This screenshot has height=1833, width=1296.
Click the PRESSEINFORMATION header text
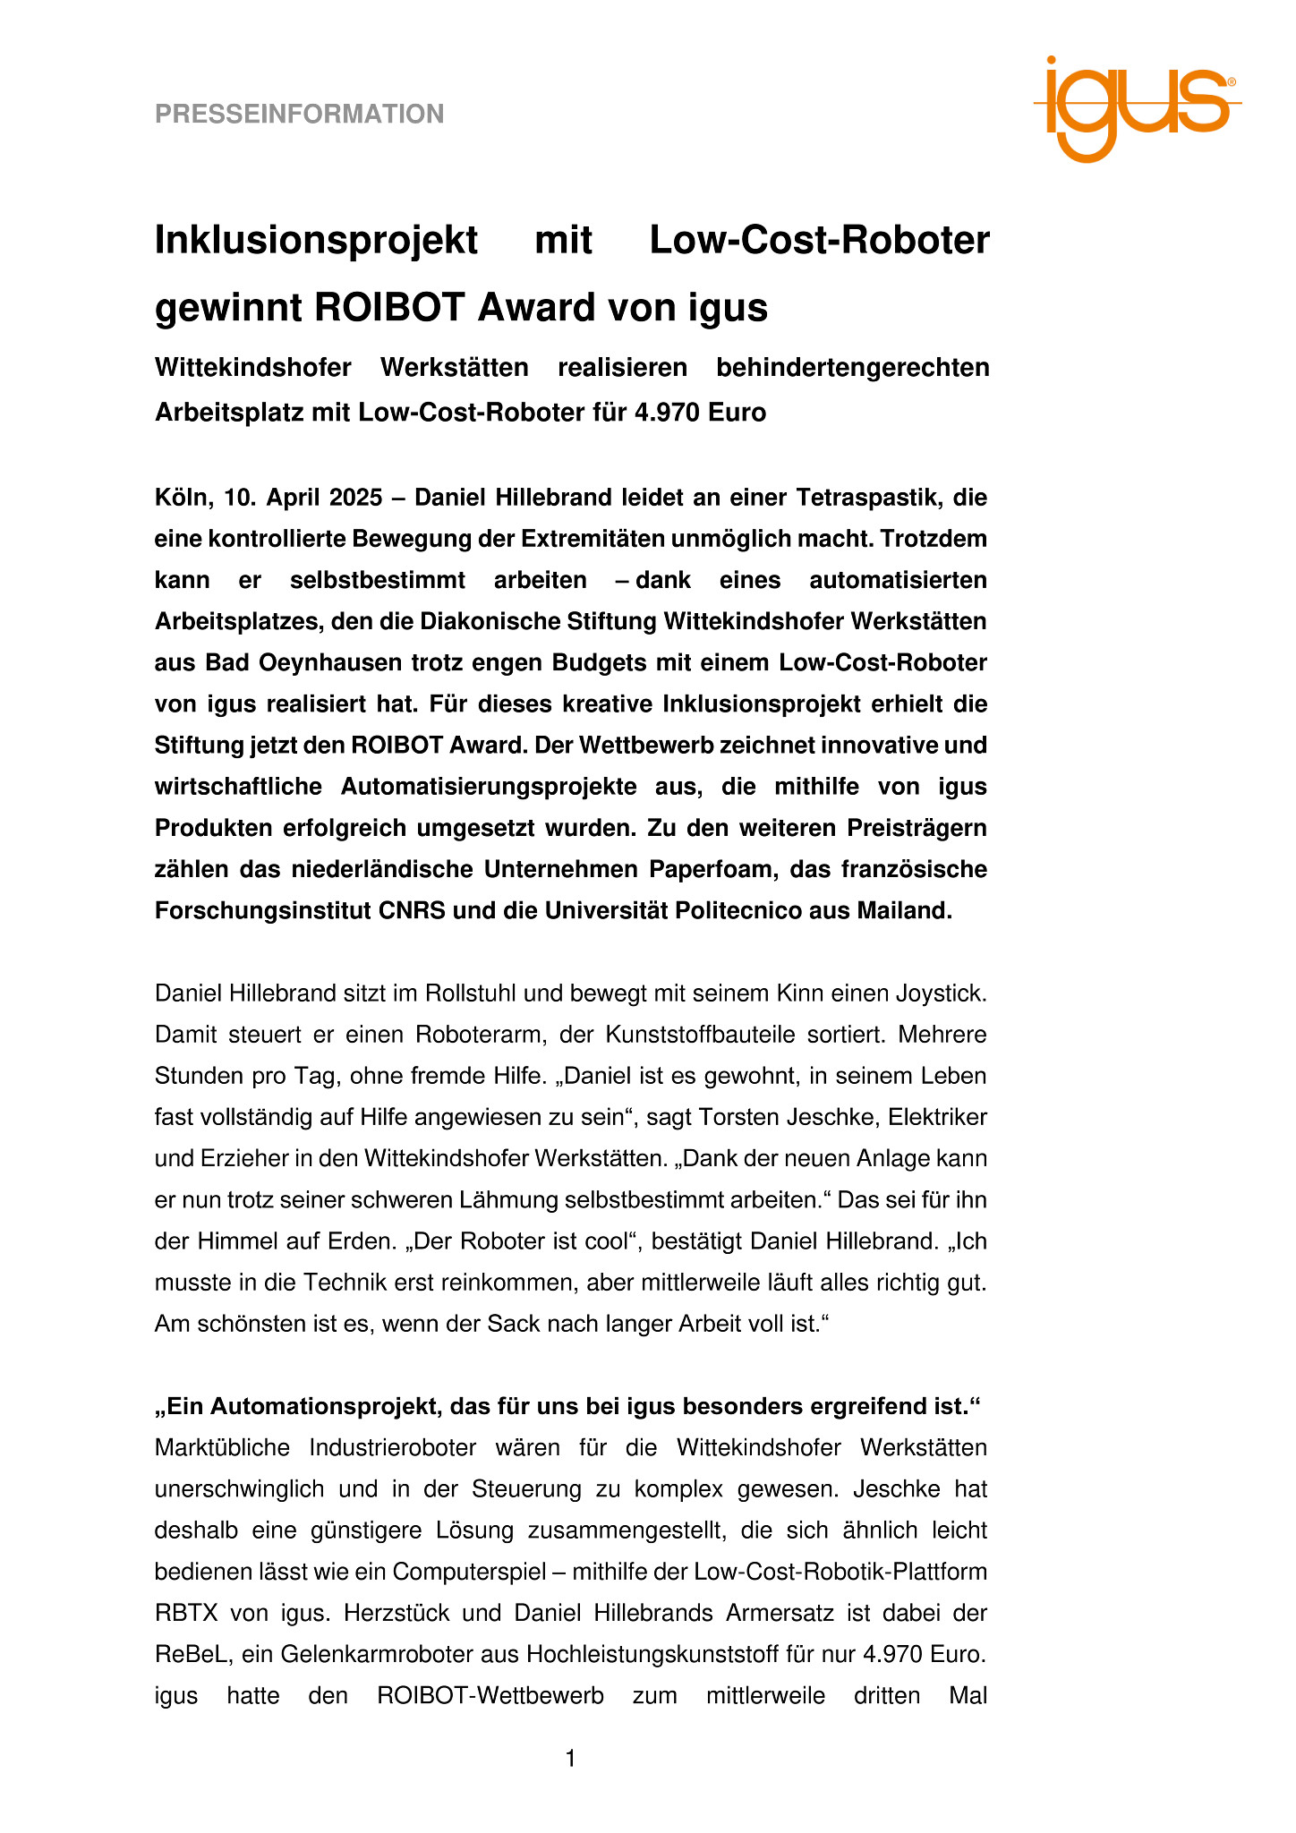(x=299, y=115)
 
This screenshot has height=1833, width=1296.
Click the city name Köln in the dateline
(x=181, y=497)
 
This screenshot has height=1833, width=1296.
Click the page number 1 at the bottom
(x=570, y=1760)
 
